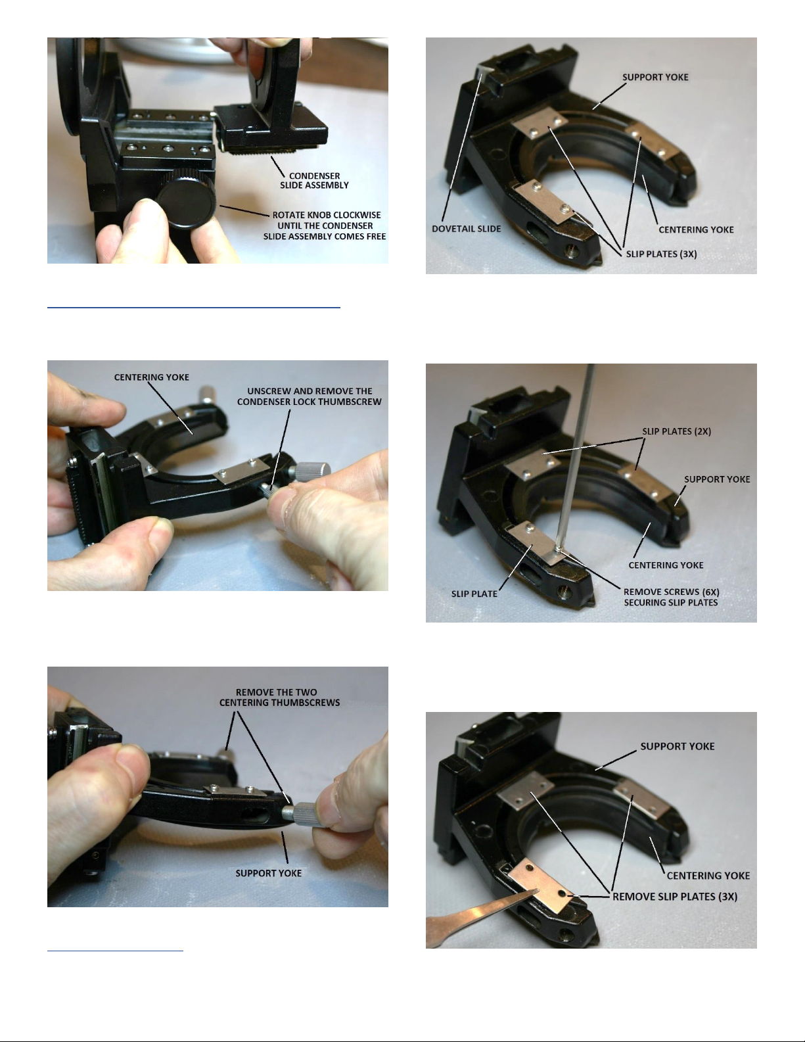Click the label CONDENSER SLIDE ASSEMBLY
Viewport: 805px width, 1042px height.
(314, 180)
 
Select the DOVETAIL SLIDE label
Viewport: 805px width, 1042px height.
(466, 229)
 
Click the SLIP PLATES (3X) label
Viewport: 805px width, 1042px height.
(661, 254)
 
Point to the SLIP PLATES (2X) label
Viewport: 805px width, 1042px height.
(677, 431)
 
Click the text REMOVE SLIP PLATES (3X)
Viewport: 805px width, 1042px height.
(675, 896)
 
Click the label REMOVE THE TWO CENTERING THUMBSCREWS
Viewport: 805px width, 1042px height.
(279, 698)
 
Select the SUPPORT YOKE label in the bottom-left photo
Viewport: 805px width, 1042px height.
(268, 873)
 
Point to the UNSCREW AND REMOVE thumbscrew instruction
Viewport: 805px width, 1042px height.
(309, 396)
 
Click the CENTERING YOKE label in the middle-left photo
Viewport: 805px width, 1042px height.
(151, 377)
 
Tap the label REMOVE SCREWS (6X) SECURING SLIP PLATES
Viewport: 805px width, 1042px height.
(671, 597)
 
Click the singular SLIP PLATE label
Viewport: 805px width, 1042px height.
(474, 594)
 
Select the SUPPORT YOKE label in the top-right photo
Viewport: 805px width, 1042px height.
(655, 77)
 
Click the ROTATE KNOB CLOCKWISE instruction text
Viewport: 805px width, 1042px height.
(325, 225)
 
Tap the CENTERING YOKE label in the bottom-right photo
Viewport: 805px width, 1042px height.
(708, 876)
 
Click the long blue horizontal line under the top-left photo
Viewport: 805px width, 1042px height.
(194, 306)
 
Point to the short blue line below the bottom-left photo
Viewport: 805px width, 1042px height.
(115, 949)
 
